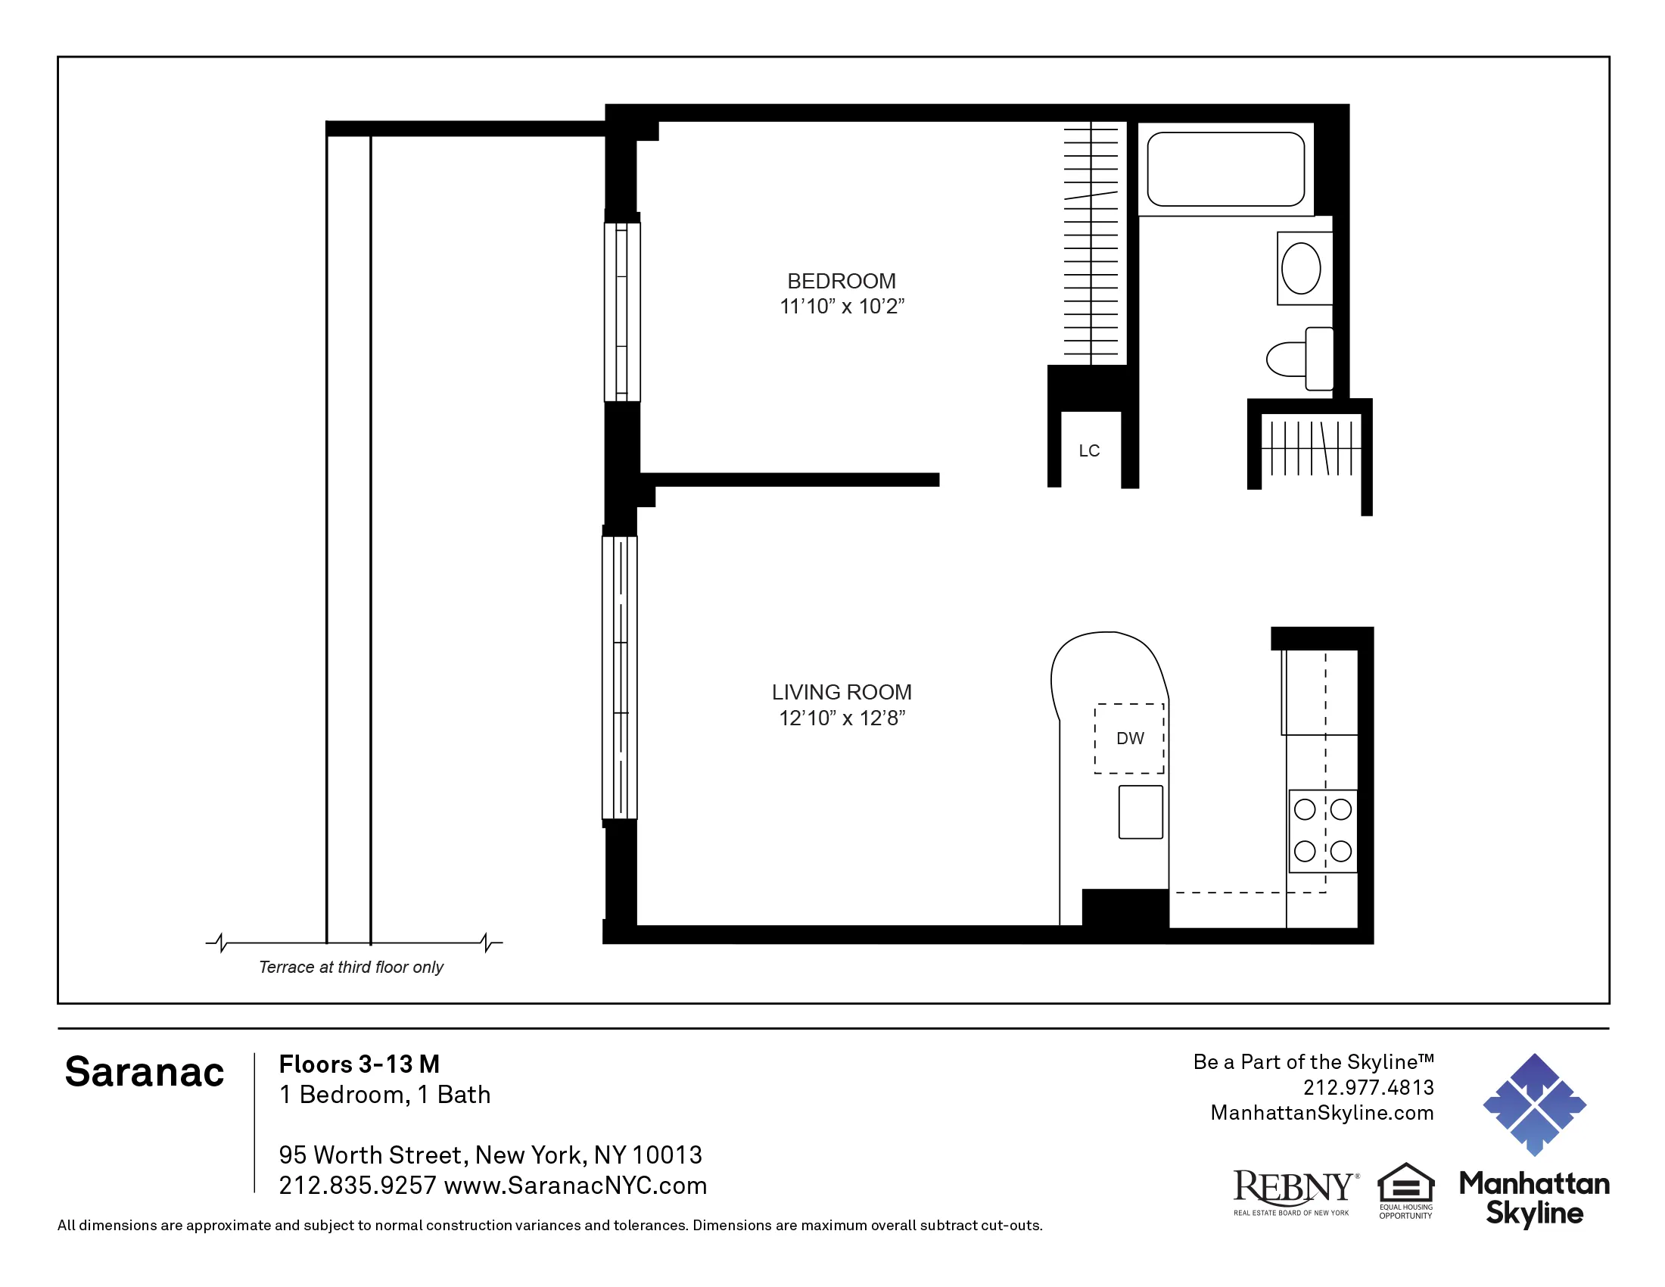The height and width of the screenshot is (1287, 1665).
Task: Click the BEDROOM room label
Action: point(841,282)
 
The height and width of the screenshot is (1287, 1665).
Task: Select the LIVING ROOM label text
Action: point(841,692)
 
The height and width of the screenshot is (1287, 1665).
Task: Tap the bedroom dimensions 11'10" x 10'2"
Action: point(841,307)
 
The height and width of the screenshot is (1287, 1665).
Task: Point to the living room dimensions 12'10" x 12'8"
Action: point(841,718)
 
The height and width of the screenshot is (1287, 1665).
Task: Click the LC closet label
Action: point(1088,451)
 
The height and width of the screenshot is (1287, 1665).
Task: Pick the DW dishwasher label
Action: point(1130,738)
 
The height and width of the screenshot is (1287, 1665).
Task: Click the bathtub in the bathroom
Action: point(1225,170)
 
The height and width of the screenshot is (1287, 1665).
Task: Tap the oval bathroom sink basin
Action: point(1300,269)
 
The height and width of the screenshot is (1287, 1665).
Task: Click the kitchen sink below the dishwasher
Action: point(1141,812)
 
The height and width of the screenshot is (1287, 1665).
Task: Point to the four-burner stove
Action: point(1323,830)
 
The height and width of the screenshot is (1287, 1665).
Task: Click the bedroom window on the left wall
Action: point(622,311)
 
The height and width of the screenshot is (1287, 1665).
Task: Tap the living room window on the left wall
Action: point(620,677)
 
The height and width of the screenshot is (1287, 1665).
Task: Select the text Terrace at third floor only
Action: point(350,967)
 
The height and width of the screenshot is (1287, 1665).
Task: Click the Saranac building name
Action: point(144,1072)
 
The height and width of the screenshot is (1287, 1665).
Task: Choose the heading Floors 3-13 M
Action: point(359,1064)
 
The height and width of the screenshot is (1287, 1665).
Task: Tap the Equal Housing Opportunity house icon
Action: point(1406,1183)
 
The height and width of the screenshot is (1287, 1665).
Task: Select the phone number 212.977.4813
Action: point(1368,1087)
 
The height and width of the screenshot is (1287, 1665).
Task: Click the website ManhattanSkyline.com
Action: point(1321,1113)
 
